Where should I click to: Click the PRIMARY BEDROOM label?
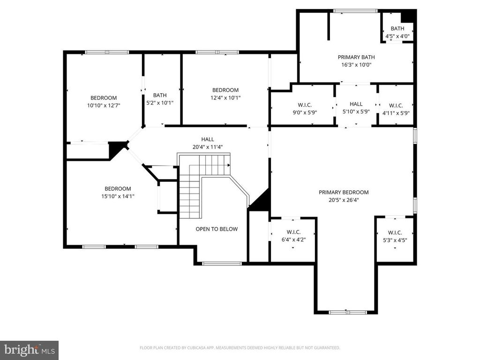click(344, 192)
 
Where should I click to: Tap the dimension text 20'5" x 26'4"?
click(344, 200)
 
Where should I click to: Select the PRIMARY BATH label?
click(356, 57)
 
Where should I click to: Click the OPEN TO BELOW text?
click(217, 229)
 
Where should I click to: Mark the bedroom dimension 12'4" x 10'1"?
click(225, 98)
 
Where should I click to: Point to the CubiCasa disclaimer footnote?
click(240, 348)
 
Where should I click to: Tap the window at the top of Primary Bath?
click(355, 10)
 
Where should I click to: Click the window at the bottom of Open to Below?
click(222, 263)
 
